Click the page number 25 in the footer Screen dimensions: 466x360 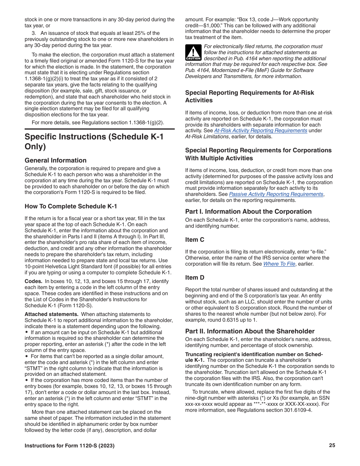pyautogui.click(x=332, y=446)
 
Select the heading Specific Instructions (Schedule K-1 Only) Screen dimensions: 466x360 pyautogui.click(x=94, y=141)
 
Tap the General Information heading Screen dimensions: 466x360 pyautogui.click(x=55, y=160)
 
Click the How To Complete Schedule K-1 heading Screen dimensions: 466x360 pyautogui.click(x=71, y=206)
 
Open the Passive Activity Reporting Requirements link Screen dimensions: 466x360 pyautogui.click(x=276, y=194)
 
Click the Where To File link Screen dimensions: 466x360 pyautogui.click(x=279, y=264)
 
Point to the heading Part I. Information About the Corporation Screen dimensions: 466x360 pyautogui.click(x=248, y=211)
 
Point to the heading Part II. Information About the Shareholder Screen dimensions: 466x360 pyautogui.click(x=250, y=331)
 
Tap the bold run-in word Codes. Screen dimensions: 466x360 pyautogui.click(x=33, y=281)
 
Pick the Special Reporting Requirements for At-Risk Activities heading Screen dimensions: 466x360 pyautogui.click(x=249, y=96)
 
